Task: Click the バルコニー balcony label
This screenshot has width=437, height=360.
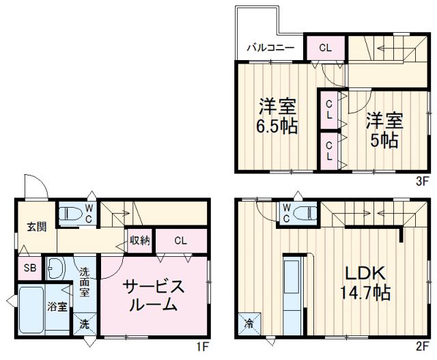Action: [x=271, y=48]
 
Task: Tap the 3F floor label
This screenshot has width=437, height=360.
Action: [x=421, y=181]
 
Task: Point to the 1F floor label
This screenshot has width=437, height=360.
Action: [x=201, y=346]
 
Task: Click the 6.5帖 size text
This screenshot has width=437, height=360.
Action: [x=277, y=127]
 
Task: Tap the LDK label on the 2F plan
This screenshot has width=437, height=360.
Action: [x=365, y=272]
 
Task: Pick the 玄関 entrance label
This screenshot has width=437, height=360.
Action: [x=37, y=226]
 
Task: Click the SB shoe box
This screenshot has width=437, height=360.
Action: [x=29, y=267]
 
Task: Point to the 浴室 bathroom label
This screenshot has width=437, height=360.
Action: [x=57, y=306]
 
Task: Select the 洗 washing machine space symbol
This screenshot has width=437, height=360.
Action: [x=85, y=324]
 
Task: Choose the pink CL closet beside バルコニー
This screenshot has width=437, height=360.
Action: [x=324, y=48]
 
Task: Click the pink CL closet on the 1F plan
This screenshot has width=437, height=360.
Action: [x=181, y=240]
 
